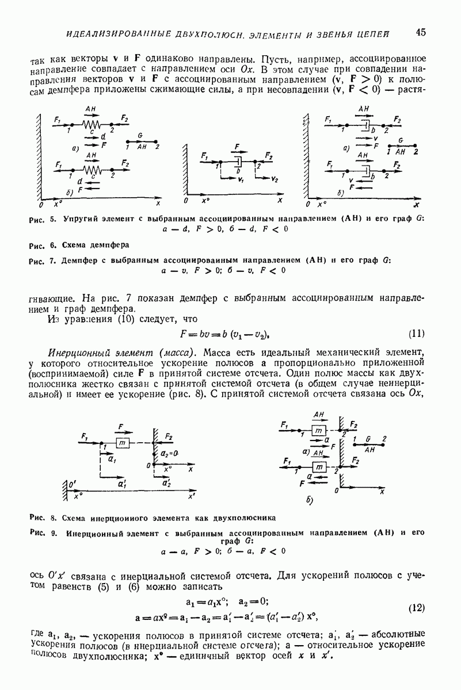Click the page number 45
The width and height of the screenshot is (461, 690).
tap(420, 32)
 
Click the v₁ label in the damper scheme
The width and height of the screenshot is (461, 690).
tap(239, 180)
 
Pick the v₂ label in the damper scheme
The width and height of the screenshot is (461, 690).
tap(275, 180)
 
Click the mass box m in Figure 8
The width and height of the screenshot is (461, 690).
tap(121, 443)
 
